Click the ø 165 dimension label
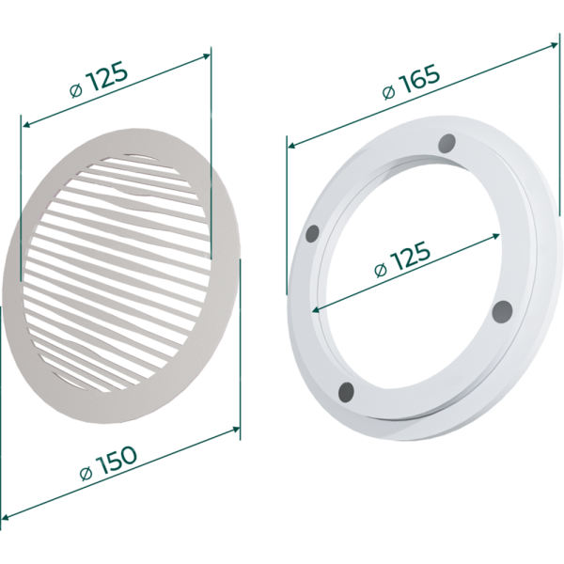click(411, 82)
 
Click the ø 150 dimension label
click(108, 463)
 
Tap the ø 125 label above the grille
click(99, 79)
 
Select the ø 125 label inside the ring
click(402, 259)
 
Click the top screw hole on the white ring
click(447, 143)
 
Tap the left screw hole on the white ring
click(312, 234)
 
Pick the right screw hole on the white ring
click(502, 311)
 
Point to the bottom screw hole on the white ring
click(346, 392)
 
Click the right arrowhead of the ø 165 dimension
click(555, 44)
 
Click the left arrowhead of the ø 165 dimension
click(292, 146)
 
